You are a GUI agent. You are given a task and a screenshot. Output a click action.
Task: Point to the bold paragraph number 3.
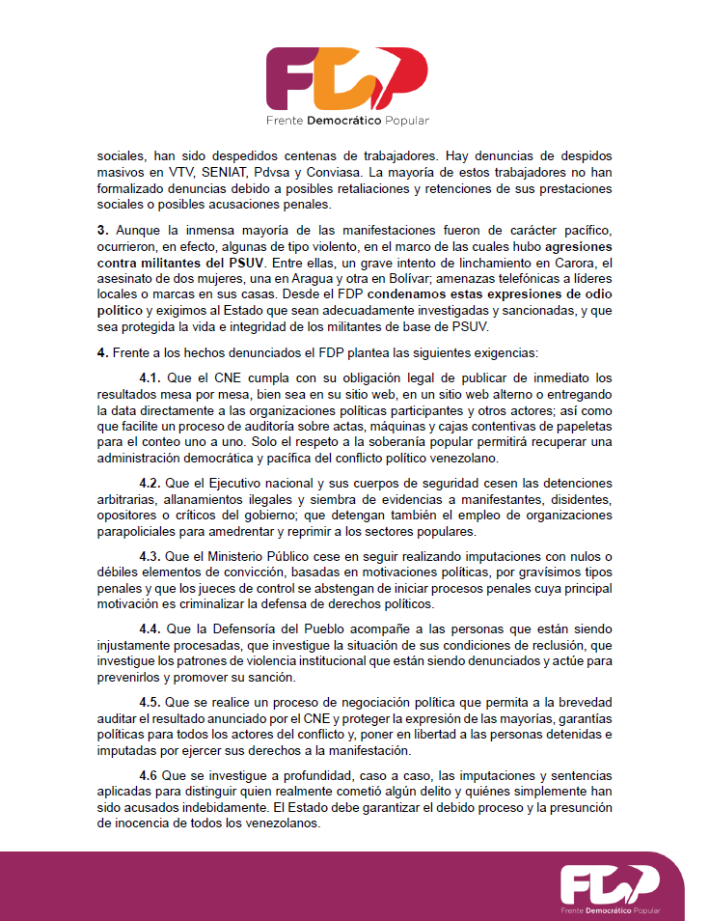tap(101, 232)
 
